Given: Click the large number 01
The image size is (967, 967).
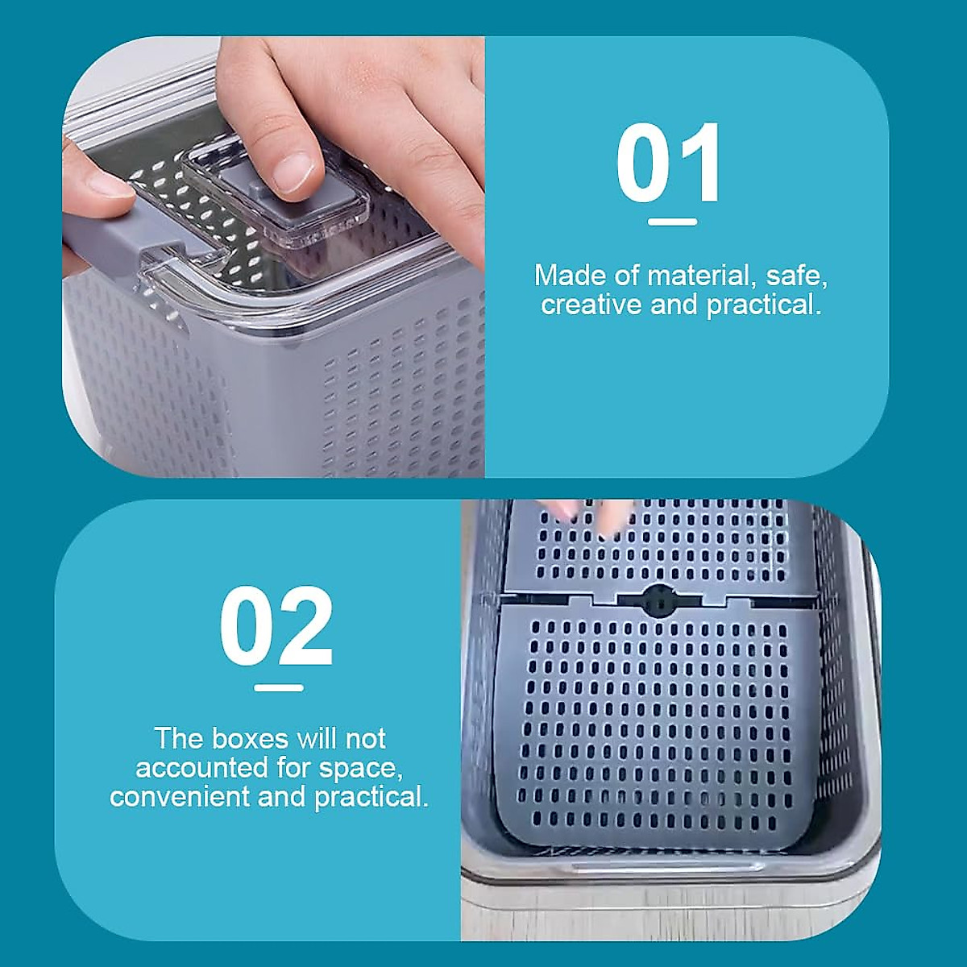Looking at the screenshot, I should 669,164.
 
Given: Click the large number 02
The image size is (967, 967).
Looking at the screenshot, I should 276,627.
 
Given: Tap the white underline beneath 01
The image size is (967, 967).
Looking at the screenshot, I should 672,222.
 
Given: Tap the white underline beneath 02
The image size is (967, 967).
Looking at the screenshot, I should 279,687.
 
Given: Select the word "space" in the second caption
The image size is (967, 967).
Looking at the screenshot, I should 359,769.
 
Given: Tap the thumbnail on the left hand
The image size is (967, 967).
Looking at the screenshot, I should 110,185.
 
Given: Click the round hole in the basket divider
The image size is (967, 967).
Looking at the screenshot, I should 659,600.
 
